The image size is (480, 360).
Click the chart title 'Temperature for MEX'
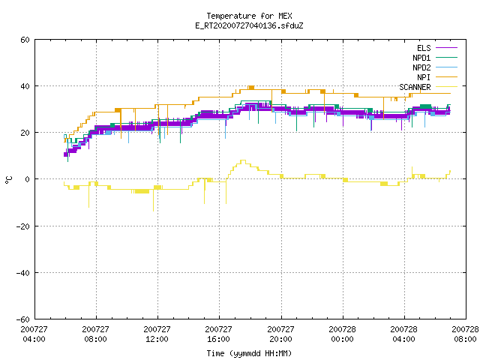click(x=249, y=16)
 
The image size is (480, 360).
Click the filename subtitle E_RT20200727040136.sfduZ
click(x=249, y=25)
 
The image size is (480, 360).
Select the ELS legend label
click(x=424, y=48)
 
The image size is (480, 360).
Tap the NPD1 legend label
click(x=421, y=58)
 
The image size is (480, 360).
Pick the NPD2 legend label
click(x=421, y=67)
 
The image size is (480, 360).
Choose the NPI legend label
click(x=424, y=77)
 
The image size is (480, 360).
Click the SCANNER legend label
click(x=415, y=87)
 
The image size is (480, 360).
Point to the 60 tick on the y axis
click(x=25, y=40)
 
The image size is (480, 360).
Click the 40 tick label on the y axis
click(x=25, y=86)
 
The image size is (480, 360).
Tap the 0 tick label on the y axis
click(x=28, y=179)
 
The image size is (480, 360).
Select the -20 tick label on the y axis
click(x=23, y=226)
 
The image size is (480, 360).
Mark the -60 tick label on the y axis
click(x=23, y=319)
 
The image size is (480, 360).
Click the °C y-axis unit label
click(x=9, y=180)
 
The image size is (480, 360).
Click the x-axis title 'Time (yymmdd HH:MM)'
click(x=249, y=353)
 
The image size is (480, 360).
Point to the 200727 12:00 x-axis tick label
click(x=157, y=334)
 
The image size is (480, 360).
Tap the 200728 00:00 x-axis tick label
click(x=342, y=334)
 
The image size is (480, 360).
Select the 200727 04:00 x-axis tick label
click(x=34, y=334)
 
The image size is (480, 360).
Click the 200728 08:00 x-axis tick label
click(x=465, y=334)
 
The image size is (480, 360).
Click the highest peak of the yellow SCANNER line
click(x=243, y=160)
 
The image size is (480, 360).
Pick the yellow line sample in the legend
click(x=446, y=87)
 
